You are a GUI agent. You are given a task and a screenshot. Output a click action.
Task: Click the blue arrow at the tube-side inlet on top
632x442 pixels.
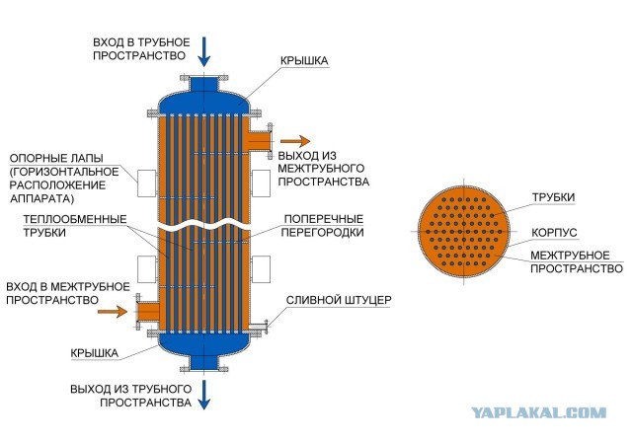click(x=204, y=51)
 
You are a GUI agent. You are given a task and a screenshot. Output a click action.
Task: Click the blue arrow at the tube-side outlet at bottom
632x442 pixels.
click(x=204, y=395)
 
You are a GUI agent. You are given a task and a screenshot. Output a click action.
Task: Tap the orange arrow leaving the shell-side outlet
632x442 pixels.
click(x=295, y=141)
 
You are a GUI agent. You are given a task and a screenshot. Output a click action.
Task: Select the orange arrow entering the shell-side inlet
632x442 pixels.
click(x=113, y=311)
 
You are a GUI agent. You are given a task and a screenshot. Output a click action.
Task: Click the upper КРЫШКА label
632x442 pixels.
click(x=304, y=61)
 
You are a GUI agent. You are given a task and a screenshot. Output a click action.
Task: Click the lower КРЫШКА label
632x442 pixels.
click(x=95, y=353)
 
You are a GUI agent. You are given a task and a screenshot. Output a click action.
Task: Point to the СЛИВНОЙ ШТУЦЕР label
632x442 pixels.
click(x=339, y=300)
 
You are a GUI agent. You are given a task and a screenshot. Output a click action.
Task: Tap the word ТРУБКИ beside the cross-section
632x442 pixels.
click(x=553, y=197)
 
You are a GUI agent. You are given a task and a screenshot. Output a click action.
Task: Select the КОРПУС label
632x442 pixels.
click(x=554, y=233)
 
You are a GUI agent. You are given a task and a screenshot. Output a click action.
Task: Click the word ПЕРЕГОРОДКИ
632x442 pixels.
click(x=322, y=232)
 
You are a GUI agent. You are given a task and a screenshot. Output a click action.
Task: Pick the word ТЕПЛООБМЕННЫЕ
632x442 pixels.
click(x=75, y=219)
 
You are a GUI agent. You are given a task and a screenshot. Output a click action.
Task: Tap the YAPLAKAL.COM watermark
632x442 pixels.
click(x=539, y=412)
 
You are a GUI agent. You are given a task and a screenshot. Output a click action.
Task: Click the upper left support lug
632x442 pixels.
click(x=147, y=184)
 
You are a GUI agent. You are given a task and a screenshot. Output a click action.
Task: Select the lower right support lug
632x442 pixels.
click(x=261, y=269)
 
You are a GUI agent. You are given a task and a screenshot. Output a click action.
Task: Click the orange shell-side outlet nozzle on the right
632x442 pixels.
click(x=260, y=141)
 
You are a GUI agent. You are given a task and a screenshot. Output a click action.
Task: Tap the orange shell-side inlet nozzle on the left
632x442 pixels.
click(x=147, y=311)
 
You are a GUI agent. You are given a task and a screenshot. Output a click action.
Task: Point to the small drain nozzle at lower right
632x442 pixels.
click(x=259, y=327)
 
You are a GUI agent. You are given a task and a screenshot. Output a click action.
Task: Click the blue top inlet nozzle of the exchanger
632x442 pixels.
click(x=204, y=84)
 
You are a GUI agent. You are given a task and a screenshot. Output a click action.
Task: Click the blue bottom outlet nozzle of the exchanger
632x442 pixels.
click(x=204, y=362)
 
